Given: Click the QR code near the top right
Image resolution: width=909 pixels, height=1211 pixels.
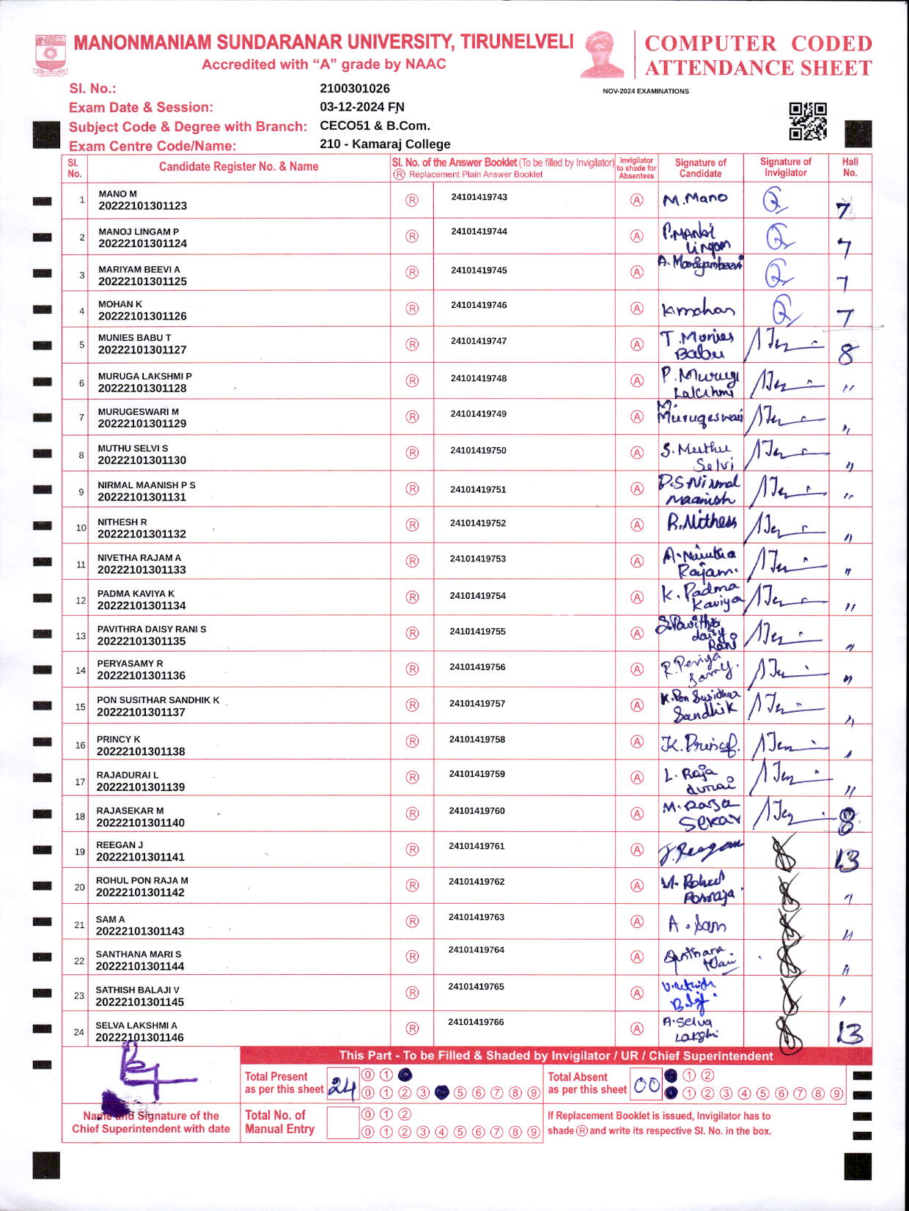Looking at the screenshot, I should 807,121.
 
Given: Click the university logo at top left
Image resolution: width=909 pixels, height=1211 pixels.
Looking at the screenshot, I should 50,55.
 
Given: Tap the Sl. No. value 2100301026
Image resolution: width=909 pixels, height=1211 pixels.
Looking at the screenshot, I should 355,89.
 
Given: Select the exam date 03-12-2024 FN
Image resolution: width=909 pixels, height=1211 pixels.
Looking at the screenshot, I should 362,107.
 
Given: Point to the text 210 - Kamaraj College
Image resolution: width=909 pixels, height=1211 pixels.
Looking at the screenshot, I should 385,144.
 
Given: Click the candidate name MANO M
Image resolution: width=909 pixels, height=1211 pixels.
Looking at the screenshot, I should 118,194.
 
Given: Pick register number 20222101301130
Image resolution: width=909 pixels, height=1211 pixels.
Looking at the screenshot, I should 142,460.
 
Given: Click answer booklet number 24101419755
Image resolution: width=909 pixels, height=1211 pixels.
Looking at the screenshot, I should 478,631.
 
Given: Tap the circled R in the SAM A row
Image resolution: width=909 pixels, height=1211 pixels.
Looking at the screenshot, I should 413,921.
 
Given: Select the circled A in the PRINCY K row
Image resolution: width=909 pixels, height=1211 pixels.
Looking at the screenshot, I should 638,742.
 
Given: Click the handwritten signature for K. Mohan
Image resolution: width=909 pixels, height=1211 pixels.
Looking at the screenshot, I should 698,310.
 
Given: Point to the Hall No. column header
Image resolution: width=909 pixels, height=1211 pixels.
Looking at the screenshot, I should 850,167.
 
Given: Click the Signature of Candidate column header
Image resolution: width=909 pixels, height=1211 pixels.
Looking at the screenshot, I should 700,168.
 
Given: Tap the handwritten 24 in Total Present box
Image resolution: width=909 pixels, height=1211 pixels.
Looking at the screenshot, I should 342,1086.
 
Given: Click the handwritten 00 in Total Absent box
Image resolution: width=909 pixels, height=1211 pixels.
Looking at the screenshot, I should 646,1086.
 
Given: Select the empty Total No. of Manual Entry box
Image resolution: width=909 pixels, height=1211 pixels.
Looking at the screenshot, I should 342,1123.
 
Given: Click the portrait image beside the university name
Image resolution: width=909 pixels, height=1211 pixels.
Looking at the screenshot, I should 602,54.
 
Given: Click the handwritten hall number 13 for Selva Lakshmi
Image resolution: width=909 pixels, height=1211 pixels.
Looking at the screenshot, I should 850,1033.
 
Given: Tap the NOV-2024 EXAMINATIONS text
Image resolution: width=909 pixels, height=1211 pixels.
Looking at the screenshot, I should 646,92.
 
